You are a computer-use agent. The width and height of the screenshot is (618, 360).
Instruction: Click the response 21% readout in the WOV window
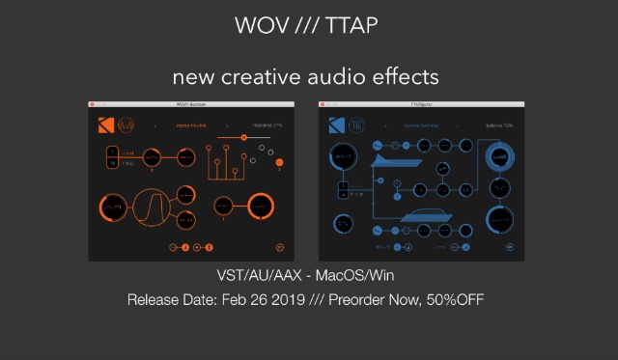(x=267, y=125)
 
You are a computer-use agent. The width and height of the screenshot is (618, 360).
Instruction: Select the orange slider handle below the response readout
(x=243, y=138)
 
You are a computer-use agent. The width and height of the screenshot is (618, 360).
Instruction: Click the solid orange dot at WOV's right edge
(x=279, y=162)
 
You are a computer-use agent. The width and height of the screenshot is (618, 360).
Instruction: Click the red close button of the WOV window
(x=93, y=103)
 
